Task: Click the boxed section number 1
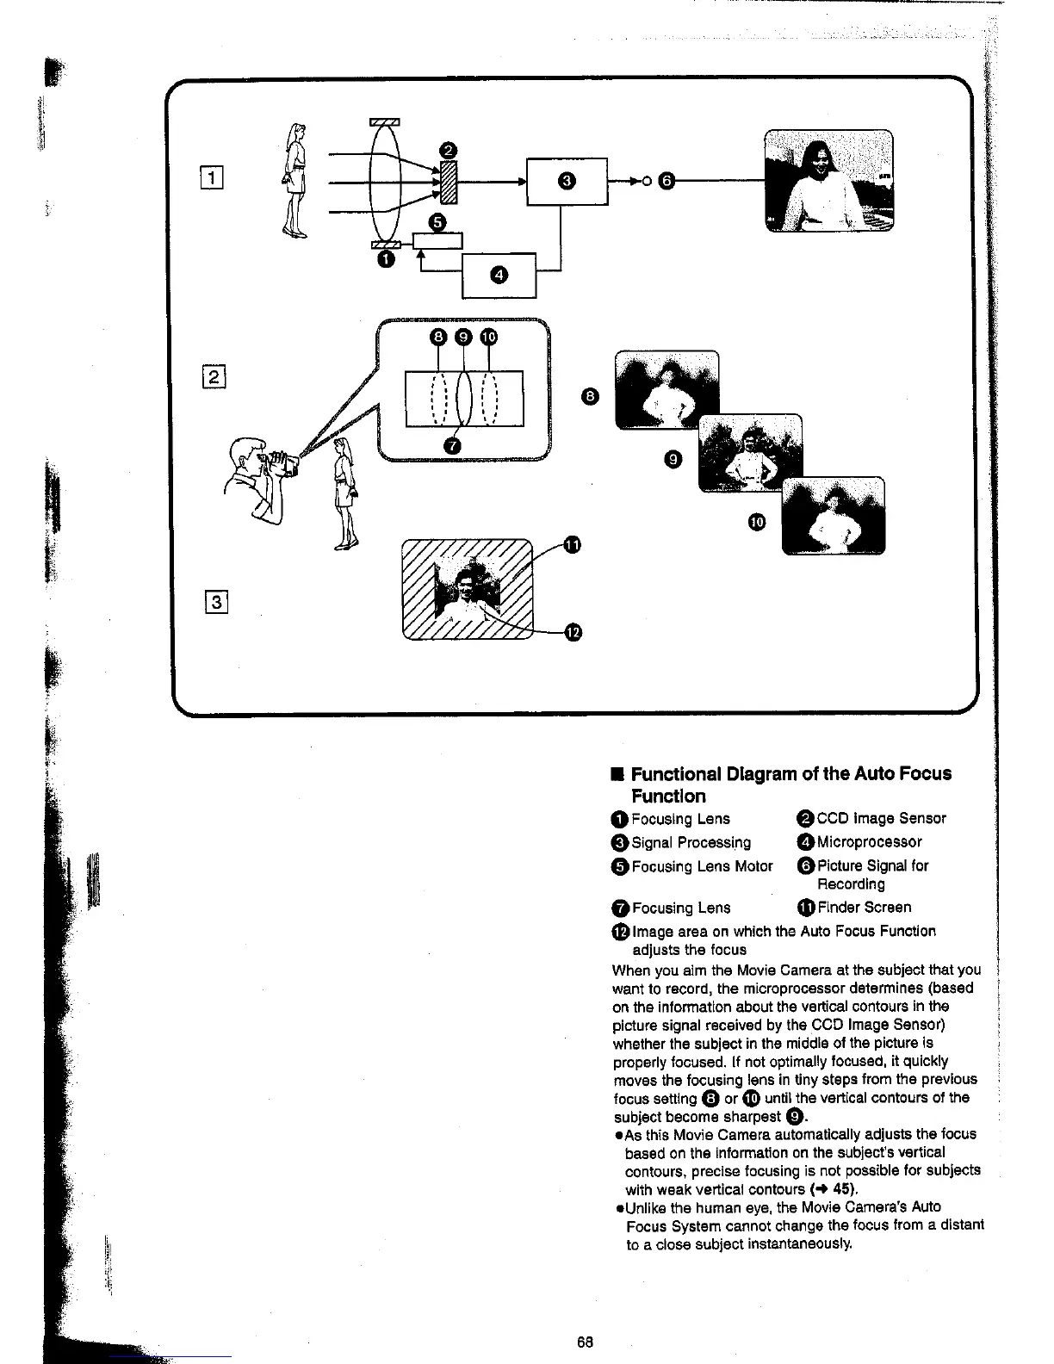click(x=212, y=179)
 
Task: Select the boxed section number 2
click(x=214, y=376)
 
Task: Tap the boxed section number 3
click(x=217, y=602)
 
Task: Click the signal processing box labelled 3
click(x=567, y=181)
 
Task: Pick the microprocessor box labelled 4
click(x=499, y=275)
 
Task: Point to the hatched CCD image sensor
click(x=447, y=182)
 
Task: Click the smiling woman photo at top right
click(x=829, y=181)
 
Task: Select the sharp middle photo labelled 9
click(x=750, y=453)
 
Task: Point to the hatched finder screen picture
click(x=468, y=589)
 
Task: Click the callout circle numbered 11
click(x=572, y=543)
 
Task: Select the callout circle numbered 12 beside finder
click(x=573, y=634)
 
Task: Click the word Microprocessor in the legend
click(x=869, y=842)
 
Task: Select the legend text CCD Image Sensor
click(x=881, y=818)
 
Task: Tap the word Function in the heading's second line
click(x=668, y=796)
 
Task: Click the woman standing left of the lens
click(x=295, y=179)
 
